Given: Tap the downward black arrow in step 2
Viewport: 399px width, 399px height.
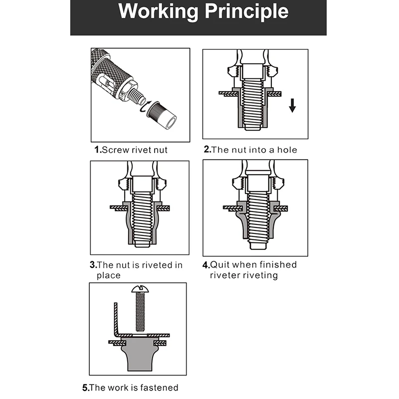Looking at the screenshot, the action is coord(292,105).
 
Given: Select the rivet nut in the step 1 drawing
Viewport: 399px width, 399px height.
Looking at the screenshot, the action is coord(162,115).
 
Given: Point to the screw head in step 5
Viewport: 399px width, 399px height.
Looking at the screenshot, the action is coord(140,289).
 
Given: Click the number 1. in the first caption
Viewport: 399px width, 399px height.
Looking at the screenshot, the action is coord(98,150).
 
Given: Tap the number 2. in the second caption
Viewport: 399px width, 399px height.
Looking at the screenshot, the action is coord(207,149).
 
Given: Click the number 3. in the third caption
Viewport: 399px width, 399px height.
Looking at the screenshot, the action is coord(93,265).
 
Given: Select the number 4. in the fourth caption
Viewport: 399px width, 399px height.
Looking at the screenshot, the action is coord(206,265).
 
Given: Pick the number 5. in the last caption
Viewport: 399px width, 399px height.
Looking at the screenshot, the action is coord(86,388).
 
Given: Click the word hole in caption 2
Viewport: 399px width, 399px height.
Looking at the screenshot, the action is coord(287,150).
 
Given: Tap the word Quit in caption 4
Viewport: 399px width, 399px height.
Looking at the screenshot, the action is coord(219,265).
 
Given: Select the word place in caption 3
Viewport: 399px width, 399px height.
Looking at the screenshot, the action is coord(108,276).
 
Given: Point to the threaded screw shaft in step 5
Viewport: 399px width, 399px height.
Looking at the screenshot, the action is coord(140,312).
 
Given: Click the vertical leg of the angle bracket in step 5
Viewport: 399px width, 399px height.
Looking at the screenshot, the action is coord(116,318).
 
